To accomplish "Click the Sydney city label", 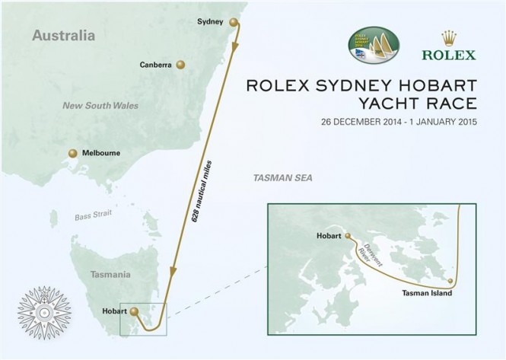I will (x=210, y=22).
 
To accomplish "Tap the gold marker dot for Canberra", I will (x=180, y=65).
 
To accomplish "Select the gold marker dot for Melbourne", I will (x=73, y=153).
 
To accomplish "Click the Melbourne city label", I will (x=100, y=153).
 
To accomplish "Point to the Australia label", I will (x=64, y=36).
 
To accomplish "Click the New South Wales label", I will (x=100, y=106).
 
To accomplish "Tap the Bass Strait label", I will (x=93, y=215).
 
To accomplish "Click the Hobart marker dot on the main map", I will (x=135, y=311).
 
